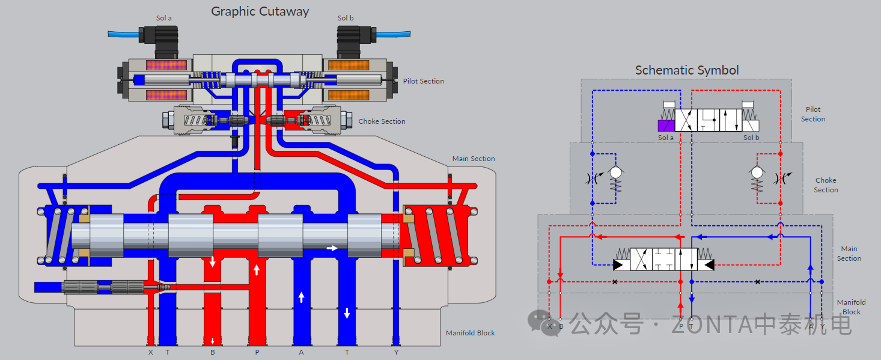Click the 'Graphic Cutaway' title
coord(260,11)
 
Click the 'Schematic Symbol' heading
coord(687,70)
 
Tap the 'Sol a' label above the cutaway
coord(164,18)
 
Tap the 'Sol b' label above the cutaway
coord(346,18)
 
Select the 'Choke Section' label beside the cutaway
coord(382,121)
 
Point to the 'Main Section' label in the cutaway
coord(474,159)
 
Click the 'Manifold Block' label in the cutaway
coord(470,333)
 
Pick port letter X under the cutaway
coord(150,352)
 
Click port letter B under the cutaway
coord(213,352)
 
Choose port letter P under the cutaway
coord(257,352)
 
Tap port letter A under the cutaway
coord(301,352)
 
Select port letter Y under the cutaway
coord(396,352)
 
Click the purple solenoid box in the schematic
coord(666,126)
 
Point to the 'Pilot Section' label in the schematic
coord(813,114)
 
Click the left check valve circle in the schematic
coord(615,172)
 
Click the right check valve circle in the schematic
coord(757,172)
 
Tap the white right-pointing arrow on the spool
coord(332,248)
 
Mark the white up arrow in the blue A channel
coord(301,296)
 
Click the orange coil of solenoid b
coord(349,65)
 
